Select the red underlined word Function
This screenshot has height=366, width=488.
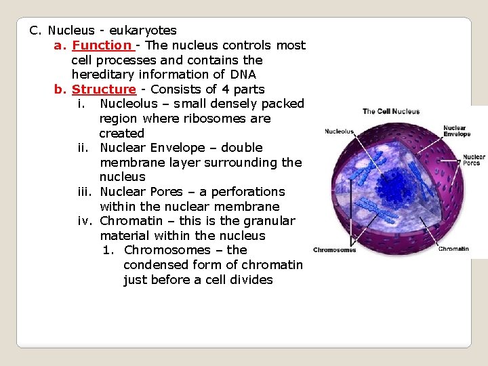click(x=102, y=45)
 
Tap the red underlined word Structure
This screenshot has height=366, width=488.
click(x=104, y=89)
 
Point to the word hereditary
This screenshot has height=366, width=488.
click(x=104, y=75)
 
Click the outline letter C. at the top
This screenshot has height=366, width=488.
click(x=35, y=31)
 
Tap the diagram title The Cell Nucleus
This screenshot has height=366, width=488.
click(x=391, y=112)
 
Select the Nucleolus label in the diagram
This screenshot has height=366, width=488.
click(x=339, y=131)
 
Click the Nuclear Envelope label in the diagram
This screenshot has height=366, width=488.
click(x=457, y=131)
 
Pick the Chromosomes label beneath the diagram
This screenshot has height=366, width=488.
click(x=334, y=250)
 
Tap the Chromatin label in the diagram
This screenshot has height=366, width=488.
click(x=453, y=249)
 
